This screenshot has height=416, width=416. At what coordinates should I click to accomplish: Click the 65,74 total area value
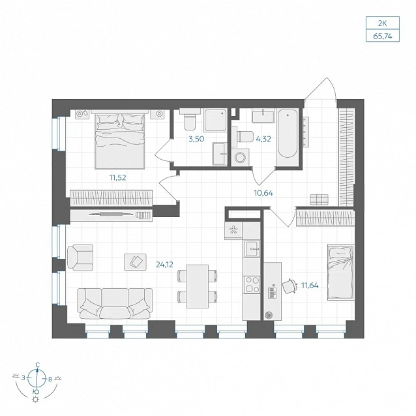382,36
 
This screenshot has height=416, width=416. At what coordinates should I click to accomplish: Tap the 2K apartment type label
382,23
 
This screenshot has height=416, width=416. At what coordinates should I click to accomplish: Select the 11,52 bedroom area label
118,177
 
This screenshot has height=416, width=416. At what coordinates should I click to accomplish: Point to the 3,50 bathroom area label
196,139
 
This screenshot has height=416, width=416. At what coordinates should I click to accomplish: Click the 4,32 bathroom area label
263,139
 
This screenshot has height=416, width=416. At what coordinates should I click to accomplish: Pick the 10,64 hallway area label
263,193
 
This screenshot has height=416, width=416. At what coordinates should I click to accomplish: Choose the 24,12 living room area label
164,264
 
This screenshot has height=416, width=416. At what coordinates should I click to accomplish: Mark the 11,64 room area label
310,286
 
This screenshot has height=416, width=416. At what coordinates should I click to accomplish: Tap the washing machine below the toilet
240,157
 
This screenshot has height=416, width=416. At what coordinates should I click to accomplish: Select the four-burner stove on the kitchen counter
252,285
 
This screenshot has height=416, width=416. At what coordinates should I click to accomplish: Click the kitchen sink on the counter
252,249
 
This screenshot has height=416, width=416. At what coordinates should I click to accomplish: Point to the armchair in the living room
80,258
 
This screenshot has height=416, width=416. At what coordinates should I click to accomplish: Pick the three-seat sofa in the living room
115,304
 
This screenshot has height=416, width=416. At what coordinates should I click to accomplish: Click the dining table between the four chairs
197,286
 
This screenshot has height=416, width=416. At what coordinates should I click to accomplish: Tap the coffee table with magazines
136,262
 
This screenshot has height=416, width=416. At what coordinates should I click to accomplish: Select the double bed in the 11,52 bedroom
120,140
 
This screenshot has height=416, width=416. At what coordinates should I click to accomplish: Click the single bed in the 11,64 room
341,272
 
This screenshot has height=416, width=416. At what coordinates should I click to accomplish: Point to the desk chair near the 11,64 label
290,286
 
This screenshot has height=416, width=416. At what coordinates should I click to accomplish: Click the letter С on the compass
38,364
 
